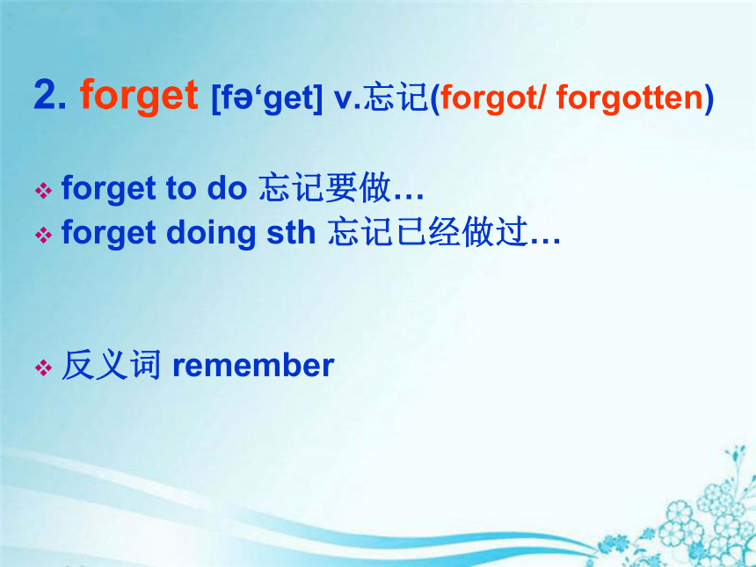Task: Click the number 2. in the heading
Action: click(x=50, y=95)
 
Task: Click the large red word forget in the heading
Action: click(x=139, y=97)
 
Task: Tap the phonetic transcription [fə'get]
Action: click(x=266, y=98)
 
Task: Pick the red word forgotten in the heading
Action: click(x=629, y=98)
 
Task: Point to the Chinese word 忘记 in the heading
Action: click(x=396, y=98)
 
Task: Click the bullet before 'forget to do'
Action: click(x=43, y=191)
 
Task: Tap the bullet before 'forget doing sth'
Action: click(x=43, y=236)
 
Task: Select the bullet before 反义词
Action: click(x=43, y=367)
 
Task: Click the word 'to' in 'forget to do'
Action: click(x=181, y=188)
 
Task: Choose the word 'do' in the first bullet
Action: click(x=227, y=187)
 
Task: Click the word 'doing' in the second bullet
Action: click(x=211, y=234)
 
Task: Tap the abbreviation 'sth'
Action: click(x=291, y=232)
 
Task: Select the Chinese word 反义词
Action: click(x=111, y=365)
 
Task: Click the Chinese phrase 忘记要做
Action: click(x=324, y=187)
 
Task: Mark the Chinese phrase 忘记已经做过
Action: click(x=427, y=232)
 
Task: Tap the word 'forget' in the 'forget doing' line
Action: click(x=108, y=234)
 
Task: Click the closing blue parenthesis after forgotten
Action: click(x=709, y=98)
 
